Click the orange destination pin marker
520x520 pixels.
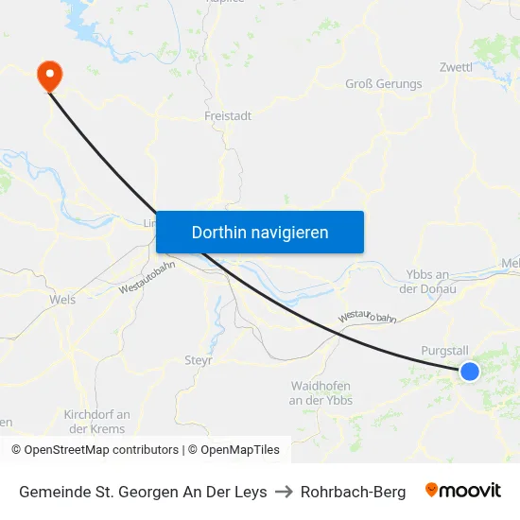pyautogui.click(x=47, y=75)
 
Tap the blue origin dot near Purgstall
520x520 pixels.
pyautogui.click(x=469, y=372)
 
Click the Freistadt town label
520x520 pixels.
pyautogui.click(x=228, y=116)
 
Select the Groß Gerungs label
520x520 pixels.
pyautogui.click(x=383, y=84)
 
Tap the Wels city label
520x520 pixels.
pyautogui.click(x=61, y=300)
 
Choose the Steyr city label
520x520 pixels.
pyautogui.click(x=199, y=360)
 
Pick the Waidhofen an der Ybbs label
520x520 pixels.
pyautogui.click(x=321, y=393)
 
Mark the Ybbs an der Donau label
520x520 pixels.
pyautogui.click(x=430, y=281)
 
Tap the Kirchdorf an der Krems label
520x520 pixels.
pyautogui.click(x=96, y=422)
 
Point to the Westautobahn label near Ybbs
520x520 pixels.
pyautogui.click(x=368, y=317)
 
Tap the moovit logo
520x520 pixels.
pyautogui.click(x=463, y=491)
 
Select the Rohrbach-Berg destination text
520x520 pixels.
pyautogui.click(x=353, y=492)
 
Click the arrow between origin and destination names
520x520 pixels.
pyautogui.click(x=284, y=492)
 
